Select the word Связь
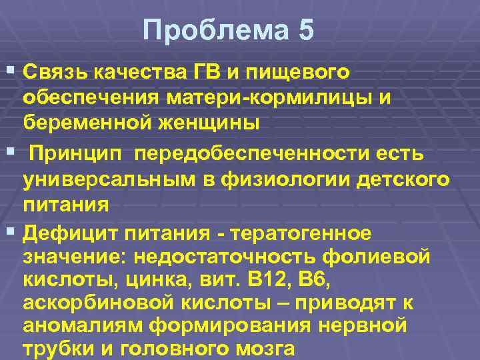point(55,71)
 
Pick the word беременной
point(87,123)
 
